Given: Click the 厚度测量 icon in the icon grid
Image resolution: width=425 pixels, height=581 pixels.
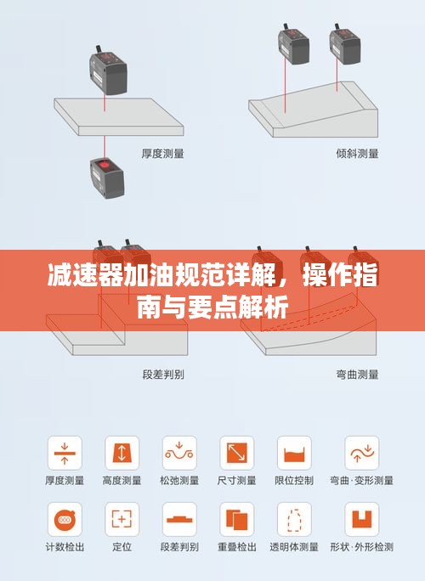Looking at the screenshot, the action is point(65,454).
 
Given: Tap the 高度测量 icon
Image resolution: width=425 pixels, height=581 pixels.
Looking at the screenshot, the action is point(122,454).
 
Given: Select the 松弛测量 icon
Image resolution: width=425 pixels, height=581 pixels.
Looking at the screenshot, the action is point(179,454).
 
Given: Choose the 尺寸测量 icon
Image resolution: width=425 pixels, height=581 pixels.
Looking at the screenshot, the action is point(236,454).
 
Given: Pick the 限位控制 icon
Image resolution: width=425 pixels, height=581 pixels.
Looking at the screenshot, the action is point(294,454).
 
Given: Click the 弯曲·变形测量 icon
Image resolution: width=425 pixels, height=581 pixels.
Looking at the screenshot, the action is point(362,454).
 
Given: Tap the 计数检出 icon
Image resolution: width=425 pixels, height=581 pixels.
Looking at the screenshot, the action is point(65,520).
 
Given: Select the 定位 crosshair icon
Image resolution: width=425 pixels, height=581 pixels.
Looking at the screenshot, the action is point(122,520).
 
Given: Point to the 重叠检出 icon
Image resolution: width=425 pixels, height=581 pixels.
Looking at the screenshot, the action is point(236,520).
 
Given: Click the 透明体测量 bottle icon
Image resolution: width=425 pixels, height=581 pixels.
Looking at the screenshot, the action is point(294,520).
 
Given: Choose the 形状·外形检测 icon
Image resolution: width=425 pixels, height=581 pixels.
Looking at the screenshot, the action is point(362,520).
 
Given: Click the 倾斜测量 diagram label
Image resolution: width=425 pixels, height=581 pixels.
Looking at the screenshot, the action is point(357,154).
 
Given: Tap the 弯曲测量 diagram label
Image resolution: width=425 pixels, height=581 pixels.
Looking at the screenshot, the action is point(357,375).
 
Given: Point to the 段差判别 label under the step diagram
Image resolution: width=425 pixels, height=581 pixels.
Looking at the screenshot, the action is point(163,375).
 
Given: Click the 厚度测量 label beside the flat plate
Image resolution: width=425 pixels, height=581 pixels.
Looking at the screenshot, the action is point(163,154).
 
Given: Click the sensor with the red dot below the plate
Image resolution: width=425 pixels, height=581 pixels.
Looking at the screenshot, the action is point(107,178).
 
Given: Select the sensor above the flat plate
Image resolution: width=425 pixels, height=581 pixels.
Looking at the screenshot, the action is point(108,71).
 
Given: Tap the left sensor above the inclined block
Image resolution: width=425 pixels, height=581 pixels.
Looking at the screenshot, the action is point(294,44).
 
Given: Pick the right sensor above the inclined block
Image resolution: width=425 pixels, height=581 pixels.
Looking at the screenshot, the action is point(345,44).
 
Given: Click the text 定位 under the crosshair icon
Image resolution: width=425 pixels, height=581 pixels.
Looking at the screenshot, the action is point(122,547).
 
